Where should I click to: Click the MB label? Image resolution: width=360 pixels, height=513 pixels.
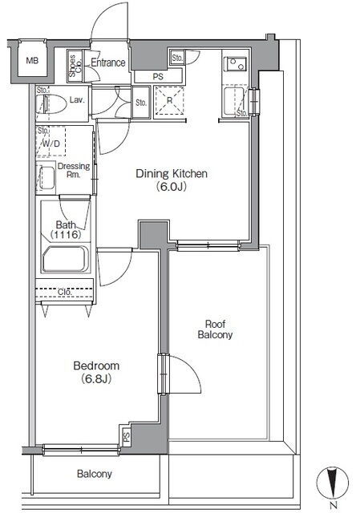(x=32, y=61)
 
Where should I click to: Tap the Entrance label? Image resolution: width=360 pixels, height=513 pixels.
(x=108, y=63)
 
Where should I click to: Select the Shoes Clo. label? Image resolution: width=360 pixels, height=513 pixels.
(x=75, y=66)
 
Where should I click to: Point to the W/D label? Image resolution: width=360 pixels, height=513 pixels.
(x=51, y=143)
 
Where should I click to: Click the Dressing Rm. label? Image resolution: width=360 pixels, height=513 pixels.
(x=74, y=170)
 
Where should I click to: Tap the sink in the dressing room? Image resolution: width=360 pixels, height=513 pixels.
(x=47, y=178)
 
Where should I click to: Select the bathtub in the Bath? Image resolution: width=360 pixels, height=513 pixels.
(x=66, y=259)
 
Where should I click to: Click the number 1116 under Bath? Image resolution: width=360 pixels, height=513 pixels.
(x=66, y=234)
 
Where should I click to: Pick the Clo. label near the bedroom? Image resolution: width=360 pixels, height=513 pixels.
(x=64, y=292)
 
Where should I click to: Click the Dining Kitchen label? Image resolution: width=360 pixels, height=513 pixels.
(x=172, y=173)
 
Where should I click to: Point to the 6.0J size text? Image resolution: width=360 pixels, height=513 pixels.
(x=171, y=187)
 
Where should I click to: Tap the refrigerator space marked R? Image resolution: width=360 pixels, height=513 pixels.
(x=169, y=100)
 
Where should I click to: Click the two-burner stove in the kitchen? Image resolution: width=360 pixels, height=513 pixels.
(x=237, y=63)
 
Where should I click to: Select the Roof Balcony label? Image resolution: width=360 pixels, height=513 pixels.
(x=215, y=329)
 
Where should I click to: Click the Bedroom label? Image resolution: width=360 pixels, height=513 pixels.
(x=96, y=366)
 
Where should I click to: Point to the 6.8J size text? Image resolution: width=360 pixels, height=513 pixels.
(x=96, y=379)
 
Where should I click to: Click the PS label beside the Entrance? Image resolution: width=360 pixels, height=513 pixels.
(x=158, y=77)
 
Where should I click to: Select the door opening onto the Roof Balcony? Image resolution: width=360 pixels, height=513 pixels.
(x=180, y=374)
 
